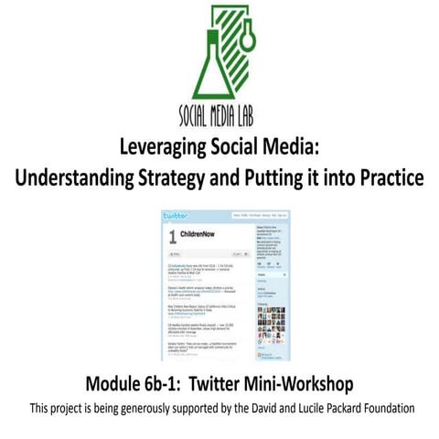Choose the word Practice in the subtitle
[x=388, y=177]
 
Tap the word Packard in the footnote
[x=332, y=405]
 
